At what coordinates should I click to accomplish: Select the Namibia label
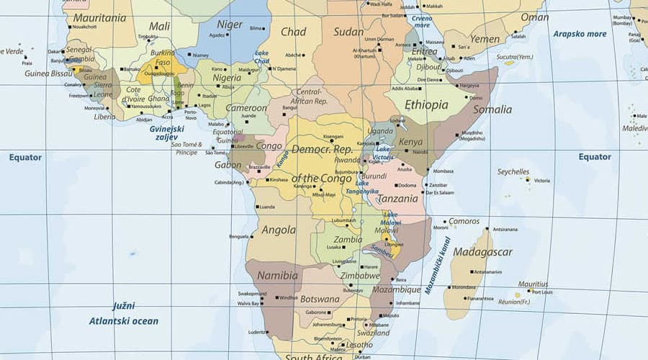pos(277,275)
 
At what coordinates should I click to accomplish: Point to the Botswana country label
pos(319,299)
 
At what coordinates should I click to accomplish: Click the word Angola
pos(279,230)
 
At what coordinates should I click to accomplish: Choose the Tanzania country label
pos(398,199)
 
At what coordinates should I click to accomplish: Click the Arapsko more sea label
pos(580,34)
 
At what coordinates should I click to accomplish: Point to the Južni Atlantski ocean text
pos(123,313)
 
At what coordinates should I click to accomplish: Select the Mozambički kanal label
pos(437,265)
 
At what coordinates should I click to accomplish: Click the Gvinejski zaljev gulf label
pos(167,132)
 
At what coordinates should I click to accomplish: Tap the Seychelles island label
pos(513,172)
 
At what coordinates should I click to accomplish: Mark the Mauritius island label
pos(533,284)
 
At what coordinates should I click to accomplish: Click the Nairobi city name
pos(420,152)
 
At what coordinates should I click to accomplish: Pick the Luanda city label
pos(266,207)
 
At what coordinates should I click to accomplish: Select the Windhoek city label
pos(288,297)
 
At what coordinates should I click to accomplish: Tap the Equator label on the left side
pos(25,157)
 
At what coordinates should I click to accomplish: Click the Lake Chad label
pos(261,57)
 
